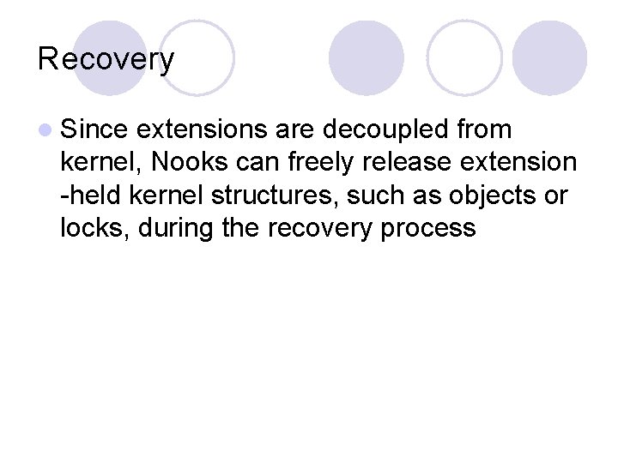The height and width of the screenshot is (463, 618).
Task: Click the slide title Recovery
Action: coord(106,59)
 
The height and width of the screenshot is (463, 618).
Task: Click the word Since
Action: coord(94,129)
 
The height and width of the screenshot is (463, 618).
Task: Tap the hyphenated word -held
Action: coord(87,195)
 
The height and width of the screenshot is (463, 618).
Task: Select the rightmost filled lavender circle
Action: coord(550,57)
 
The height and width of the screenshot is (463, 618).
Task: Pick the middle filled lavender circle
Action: coord(367,57)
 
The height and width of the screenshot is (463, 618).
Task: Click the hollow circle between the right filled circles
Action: coord(464,57)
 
